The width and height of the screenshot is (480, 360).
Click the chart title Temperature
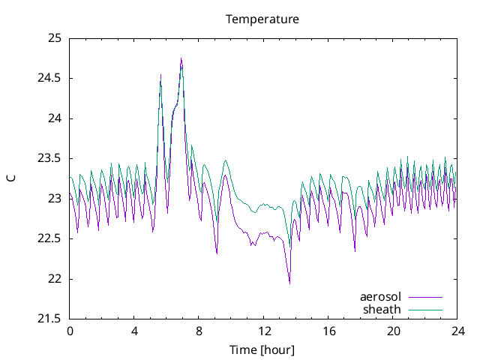pyautogui.click(x=262, y=19)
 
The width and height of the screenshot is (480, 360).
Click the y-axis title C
pyautogui.click(x=10, y=178)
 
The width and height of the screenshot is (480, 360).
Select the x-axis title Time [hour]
pyautogui.click(x=262, y=350)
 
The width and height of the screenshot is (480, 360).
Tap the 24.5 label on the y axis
pyautogui.click(x=49, y=78)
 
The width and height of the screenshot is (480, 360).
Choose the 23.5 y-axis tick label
pyautogui.click(x=49, y=158)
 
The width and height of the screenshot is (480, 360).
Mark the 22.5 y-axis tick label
pyautogui.click(x=49, y=239)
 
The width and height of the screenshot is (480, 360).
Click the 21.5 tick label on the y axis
pyautogui.click(x=49, y=319)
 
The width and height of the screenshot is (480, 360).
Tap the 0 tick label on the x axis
pyautogui.click(x=70, y=331)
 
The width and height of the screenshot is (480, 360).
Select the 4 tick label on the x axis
pyautogui.click(x=134, y=331)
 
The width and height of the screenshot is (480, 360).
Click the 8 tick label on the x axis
pyautogui.click(x=199, y=331)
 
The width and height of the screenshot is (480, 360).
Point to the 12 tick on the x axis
pyautogui.click(x=264, y=331)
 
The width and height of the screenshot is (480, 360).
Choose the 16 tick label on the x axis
pyautogui.click(x=328, y=331)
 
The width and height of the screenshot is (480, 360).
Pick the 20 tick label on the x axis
pyautogui.click(x=393, y=331)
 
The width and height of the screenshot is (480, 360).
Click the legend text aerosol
pyautogui.click(x=380, y=297)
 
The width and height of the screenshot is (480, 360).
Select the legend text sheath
pyautogui.click(x=382, y=309)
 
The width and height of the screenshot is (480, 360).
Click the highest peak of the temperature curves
pyautogui.click(x=181, y=58)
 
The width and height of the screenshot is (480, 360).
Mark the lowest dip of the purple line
pyautogui.click(x=289, y=283)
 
